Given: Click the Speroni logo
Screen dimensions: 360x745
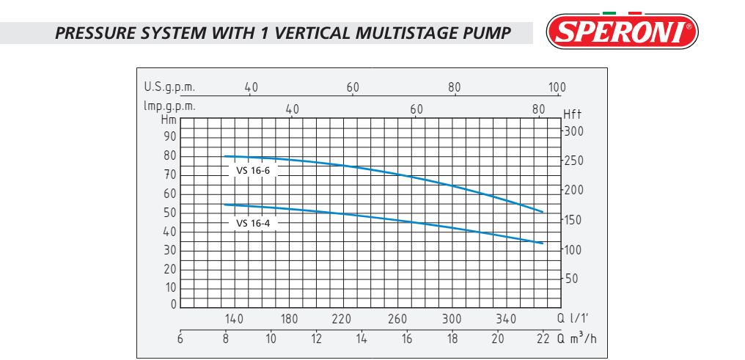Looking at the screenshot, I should pos(622,32).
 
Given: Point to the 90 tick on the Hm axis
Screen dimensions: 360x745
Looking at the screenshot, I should pos(170,136).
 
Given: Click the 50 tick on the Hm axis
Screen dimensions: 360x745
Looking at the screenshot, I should pos(170,213).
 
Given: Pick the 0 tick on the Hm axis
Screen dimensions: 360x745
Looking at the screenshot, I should pos(174,304).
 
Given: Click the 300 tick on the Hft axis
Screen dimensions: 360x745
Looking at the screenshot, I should pos(573,131).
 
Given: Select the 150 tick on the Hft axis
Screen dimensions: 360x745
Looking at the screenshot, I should pos(573,220).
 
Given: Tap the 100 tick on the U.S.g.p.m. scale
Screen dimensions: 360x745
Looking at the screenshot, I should pos(557,87).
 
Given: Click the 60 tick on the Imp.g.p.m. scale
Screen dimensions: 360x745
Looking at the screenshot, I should pos(416,109).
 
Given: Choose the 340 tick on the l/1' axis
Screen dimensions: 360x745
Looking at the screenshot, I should pos(506,319).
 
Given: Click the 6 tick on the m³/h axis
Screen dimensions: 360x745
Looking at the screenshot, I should pos(180,338).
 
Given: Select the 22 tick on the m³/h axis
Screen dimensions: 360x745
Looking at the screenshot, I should pos(543,338).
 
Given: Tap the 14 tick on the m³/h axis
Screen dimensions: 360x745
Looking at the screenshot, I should pos(362,338).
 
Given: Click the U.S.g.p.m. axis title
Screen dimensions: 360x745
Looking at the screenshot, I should pos(169,87).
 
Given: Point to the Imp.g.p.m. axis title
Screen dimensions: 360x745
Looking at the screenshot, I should pos(169,106).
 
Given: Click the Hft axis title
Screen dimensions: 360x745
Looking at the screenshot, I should pos(573,114).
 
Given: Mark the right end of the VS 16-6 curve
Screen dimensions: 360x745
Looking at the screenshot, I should pos(543,212).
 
